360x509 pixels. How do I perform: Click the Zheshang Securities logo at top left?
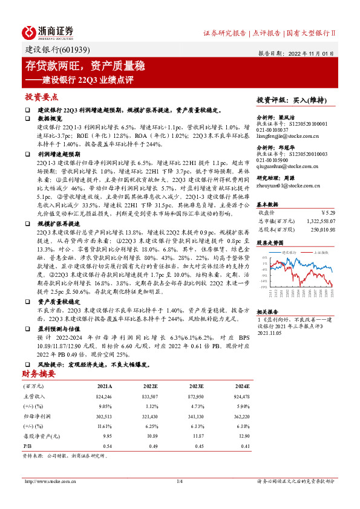point(48,31)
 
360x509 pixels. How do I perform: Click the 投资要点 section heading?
point(42,97)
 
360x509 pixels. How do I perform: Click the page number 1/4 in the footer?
point(179,481)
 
